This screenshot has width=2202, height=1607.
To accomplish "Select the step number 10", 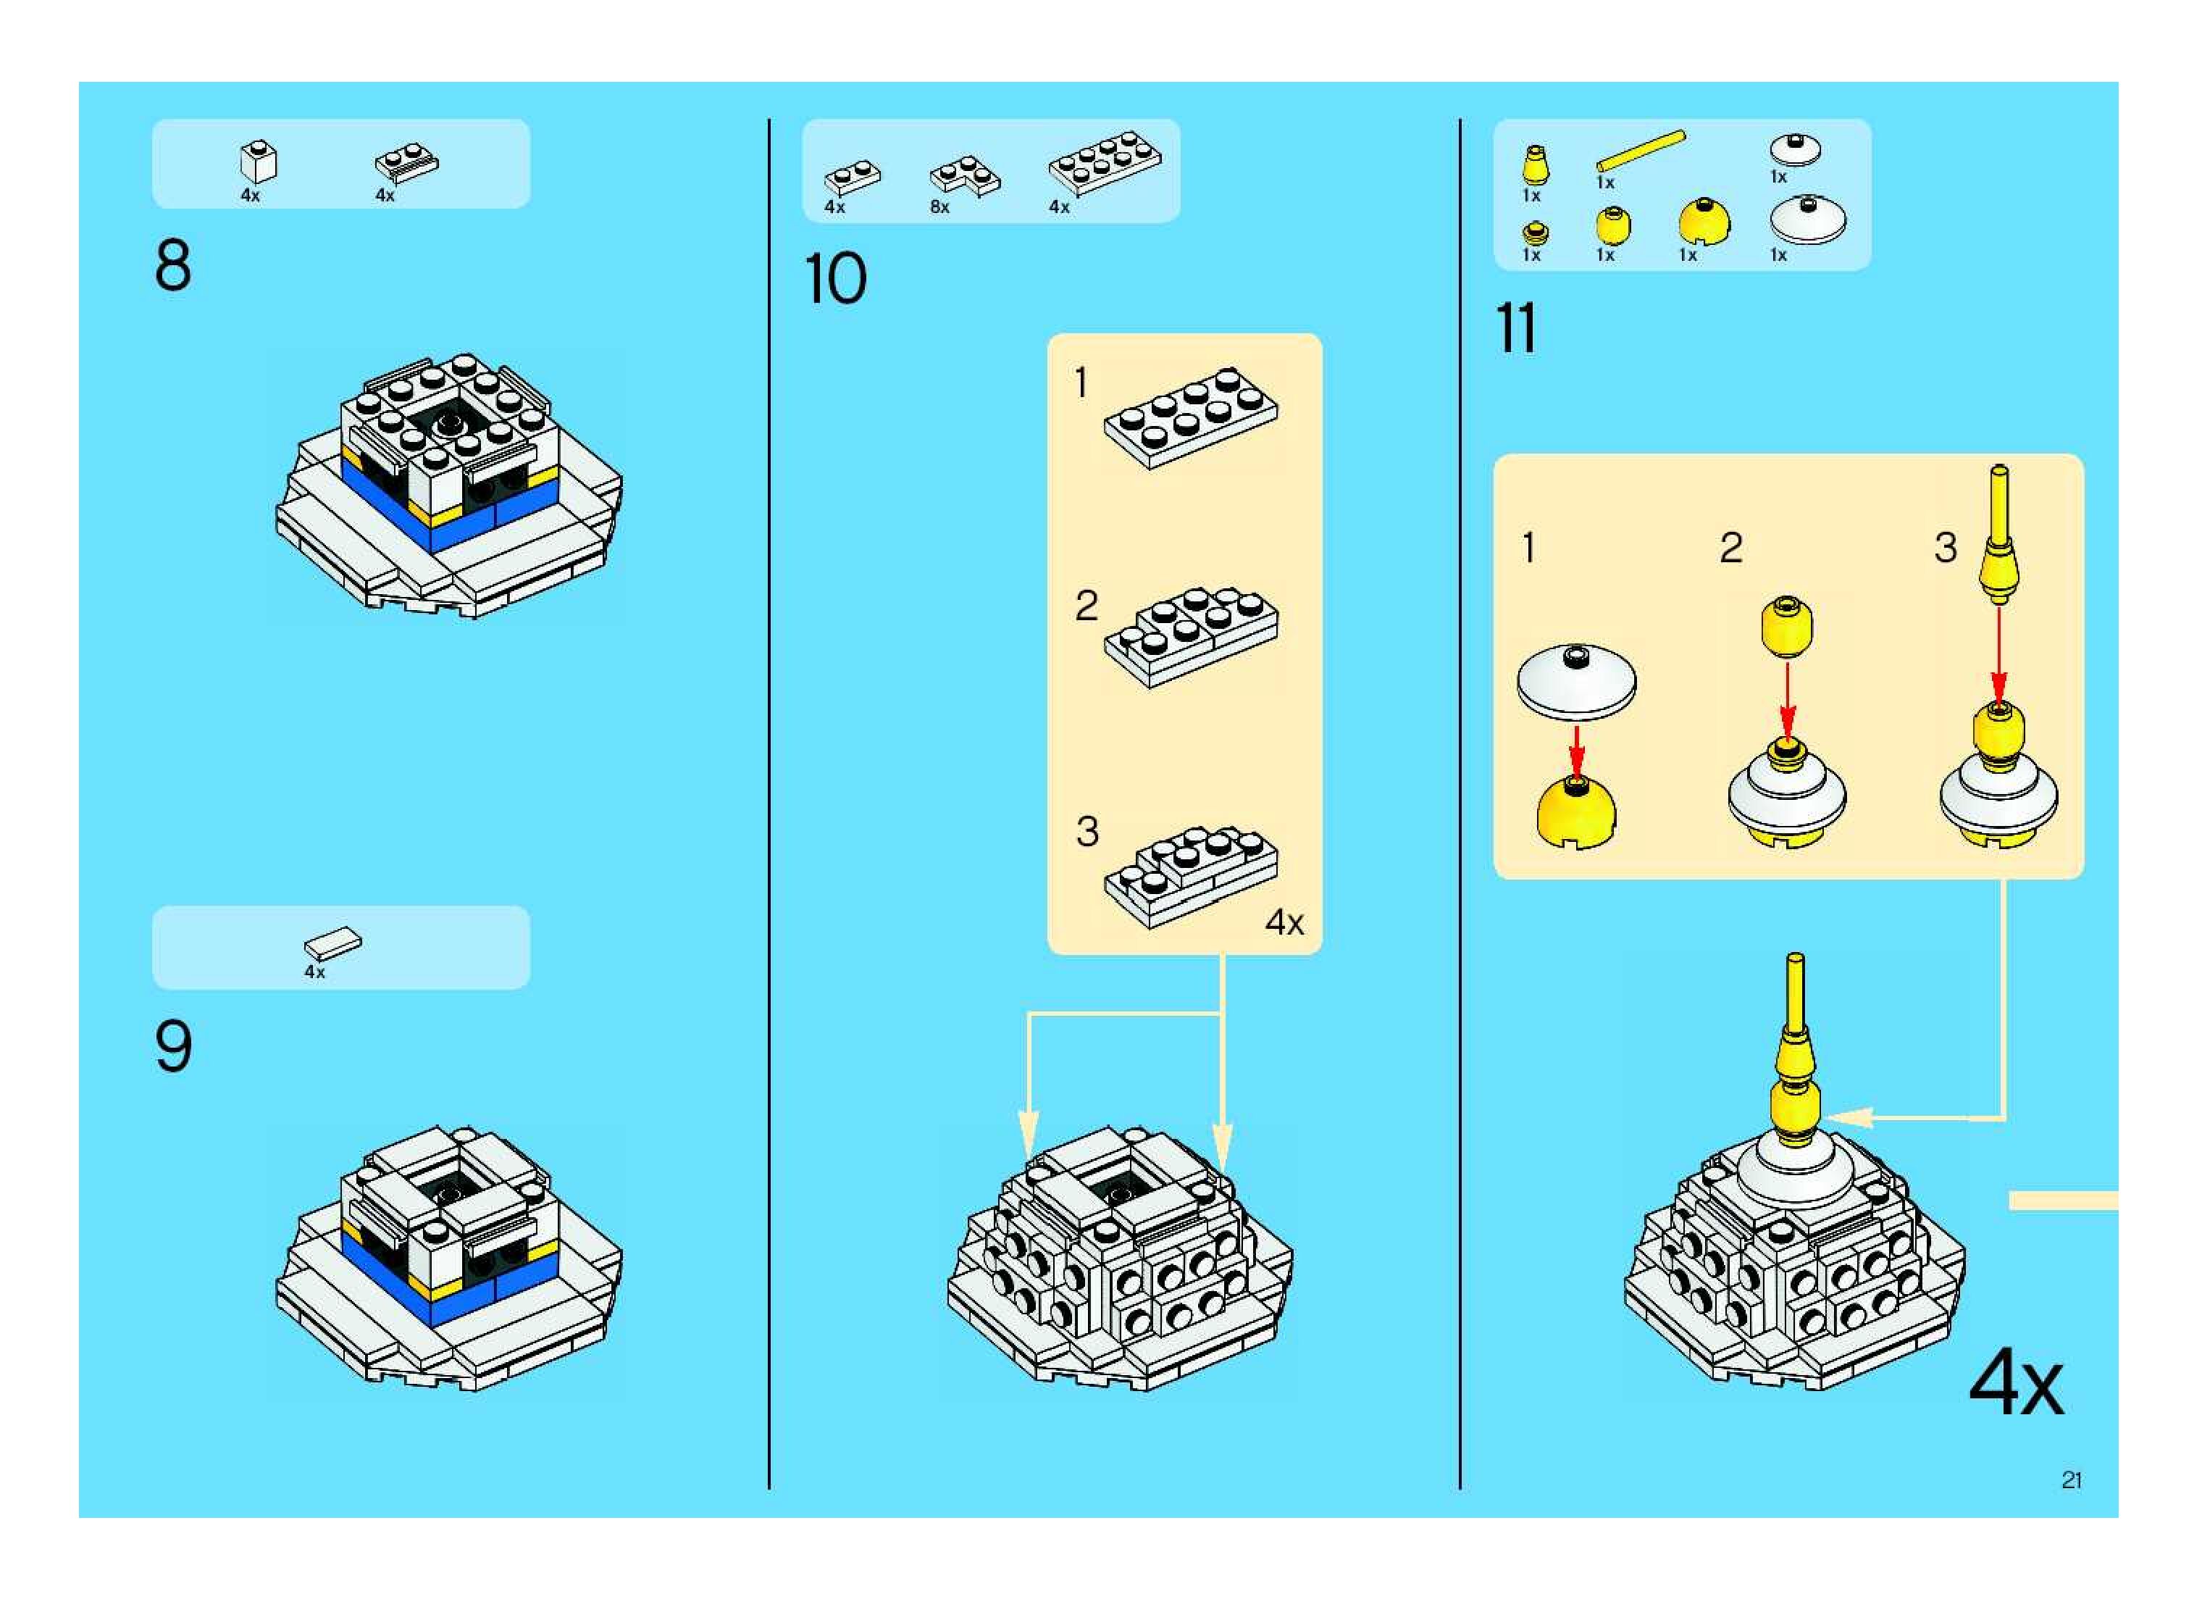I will click(834, 279).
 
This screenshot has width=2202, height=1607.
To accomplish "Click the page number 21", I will click(2071, 1479).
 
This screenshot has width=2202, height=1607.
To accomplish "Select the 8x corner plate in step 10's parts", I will click(964, 176).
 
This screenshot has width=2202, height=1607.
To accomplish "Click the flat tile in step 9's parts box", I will click(332, 943).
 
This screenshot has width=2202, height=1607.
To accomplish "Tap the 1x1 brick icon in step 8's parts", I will click(258, 162).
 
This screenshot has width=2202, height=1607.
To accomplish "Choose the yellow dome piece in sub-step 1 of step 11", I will click(1577, 811).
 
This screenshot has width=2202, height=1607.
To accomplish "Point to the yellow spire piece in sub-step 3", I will click(1998, 535).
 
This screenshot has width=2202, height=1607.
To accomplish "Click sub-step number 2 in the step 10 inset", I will click(1087, 606).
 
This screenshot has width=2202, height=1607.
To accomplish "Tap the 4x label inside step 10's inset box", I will click(1284, 921).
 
